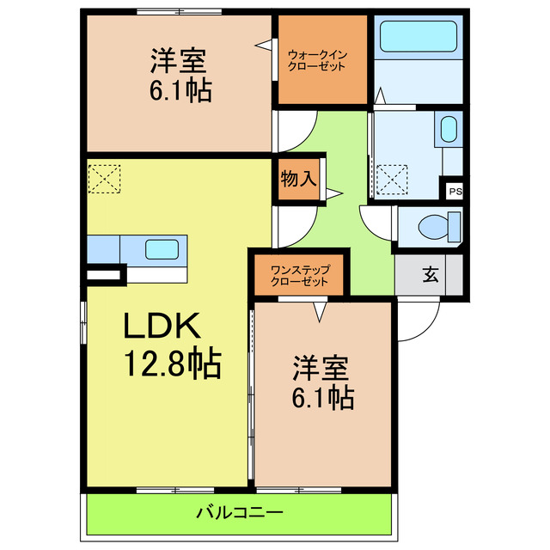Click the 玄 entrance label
[429, 275]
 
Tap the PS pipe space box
[453, 191]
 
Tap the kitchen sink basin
[162, 249]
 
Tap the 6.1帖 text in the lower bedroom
[322, 397]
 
